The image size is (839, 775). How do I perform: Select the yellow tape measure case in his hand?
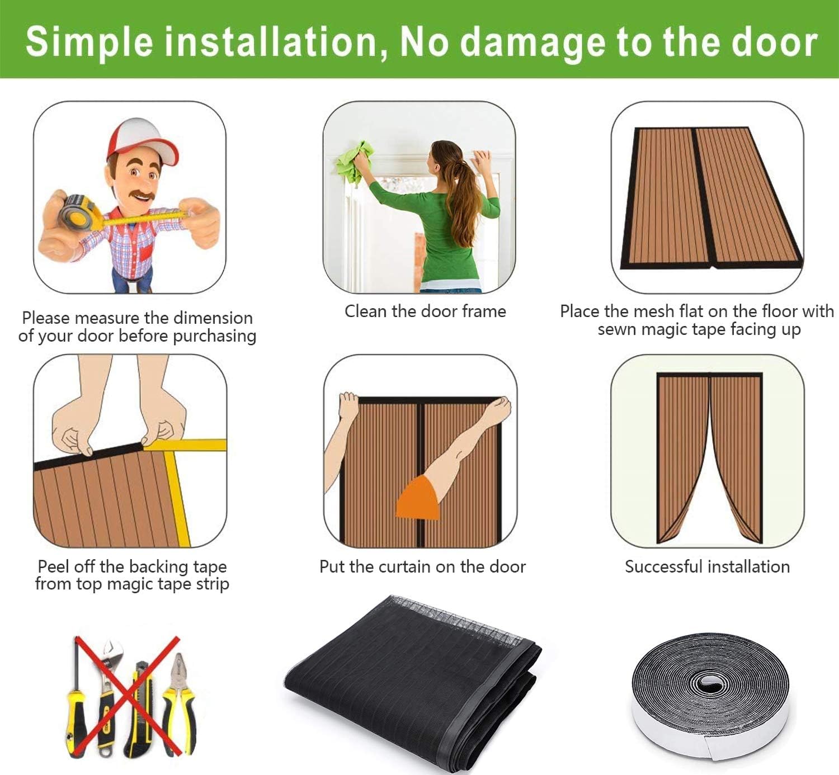click(81, 213)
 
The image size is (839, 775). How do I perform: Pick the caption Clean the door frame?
click(425, 311)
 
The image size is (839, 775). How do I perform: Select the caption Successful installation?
click(707, 567)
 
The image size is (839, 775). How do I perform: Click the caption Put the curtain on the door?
click(422, 567)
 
